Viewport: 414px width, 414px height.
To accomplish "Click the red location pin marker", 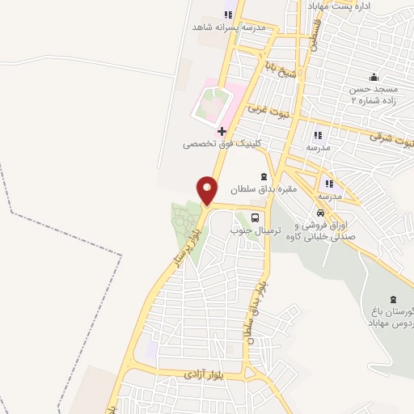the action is click(x=207, y=190).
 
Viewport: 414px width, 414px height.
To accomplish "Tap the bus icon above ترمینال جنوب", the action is click(x=256, y=217).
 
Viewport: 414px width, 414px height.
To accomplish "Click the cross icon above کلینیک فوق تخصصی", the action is click(x=222, y=131).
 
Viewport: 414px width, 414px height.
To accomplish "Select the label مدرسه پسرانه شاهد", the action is click(x=218, y=27).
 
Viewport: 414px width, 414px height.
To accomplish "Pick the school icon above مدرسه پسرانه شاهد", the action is click(x=227, y=14).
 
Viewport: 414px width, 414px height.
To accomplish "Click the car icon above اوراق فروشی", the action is click(x=320, y=213).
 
